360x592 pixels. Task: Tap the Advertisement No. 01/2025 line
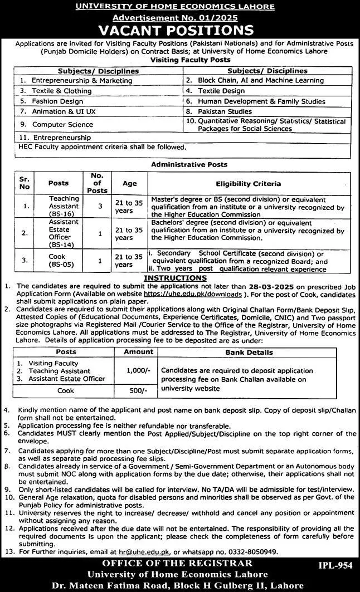(x=179, y=18)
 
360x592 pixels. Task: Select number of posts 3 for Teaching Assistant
(x=100, y=206)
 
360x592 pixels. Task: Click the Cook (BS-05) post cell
(x=58, y=260)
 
